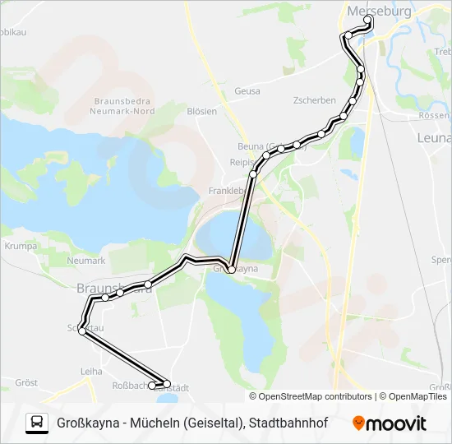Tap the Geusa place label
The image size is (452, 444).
pos(247,91)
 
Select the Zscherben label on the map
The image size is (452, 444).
pos(315,100)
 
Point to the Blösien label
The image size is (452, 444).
pos(201,111)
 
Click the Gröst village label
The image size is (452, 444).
pos(27,383)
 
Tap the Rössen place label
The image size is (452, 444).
pos(434,116)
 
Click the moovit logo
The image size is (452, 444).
pos(390,423)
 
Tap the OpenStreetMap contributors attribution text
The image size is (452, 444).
pos(316,396)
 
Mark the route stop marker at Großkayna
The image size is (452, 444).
pos(232,269)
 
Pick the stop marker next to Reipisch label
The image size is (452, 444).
pos(253,173)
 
